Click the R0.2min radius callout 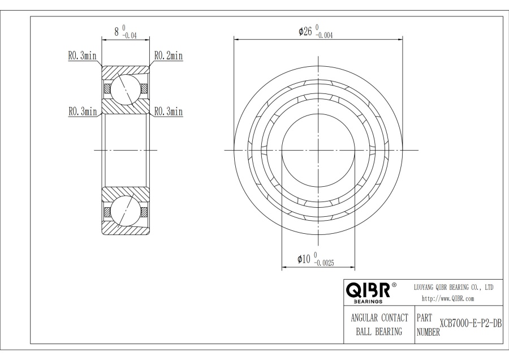169,56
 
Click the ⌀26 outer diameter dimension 305,31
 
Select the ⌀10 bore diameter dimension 304,259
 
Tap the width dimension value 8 117,32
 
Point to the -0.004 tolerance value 323,36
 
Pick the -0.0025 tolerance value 324,263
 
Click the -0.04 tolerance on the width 129,36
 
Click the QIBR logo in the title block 368,290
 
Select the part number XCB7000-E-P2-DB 471,324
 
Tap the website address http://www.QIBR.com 448,299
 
